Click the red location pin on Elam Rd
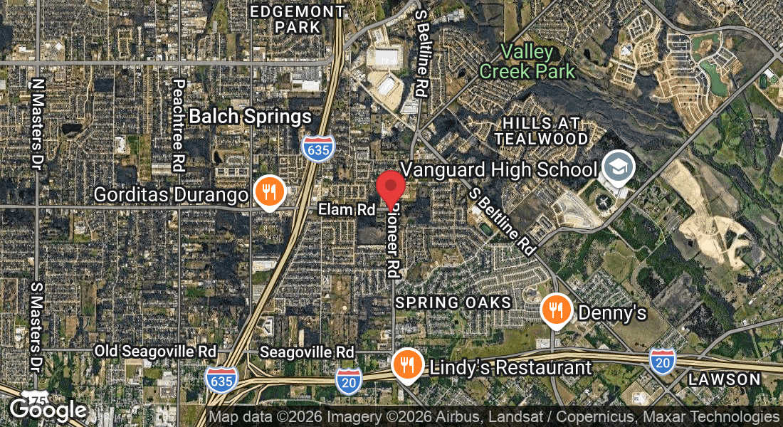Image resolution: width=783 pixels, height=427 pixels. [391, 188]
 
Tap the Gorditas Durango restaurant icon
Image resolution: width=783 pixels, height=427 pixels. [269, 192]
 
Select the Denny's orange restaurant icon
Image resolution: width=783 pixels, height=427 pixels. [556, 310]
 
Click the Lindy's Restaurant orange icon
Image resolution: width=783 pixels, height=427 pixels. [406, 365]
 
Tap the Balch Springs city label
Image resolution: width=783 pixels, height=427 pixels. [250, 116]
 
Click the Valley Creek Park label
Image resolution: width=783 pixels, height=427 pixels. [527, 61]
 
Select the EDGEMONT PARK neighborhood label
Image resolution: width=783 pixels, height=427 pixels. [298, 20]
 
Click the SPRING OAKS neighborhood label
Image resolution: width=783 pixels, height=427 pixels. [453, 302]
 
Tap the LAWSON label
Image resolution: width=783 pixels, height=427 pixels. [725, 379]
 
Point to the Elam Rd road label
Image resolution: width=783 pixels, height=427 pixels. [346, 210]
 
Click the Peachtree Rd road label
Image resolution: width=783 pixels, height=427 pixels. [178, 125]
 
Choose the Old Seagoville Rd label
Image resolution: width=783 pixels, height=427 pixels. [155, 352]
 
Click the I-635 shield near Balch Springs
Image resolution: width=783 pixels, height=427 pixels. [317, 148]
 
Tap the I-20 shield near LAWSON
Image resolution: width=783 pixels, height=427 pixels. [661, 362]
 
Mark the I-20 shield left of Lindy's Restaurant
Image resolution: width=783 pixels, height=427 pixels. [349, 380]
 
